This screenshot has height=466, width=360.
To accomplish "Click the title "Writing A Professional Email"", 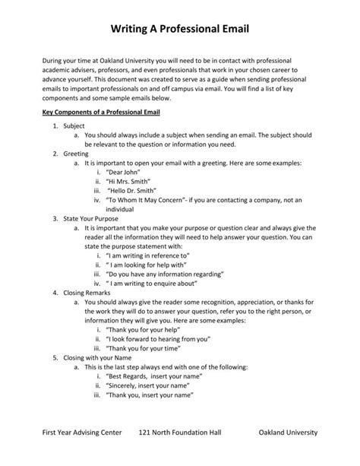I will pyautogui.click(x=179, y=28).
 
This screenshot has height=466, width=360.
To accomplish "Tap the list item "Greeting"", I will pyautogui.click(x=76, y=153).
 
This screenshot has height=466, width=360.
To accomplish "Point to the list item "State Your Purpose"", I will pyautogui.click(x=91, y=217).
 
